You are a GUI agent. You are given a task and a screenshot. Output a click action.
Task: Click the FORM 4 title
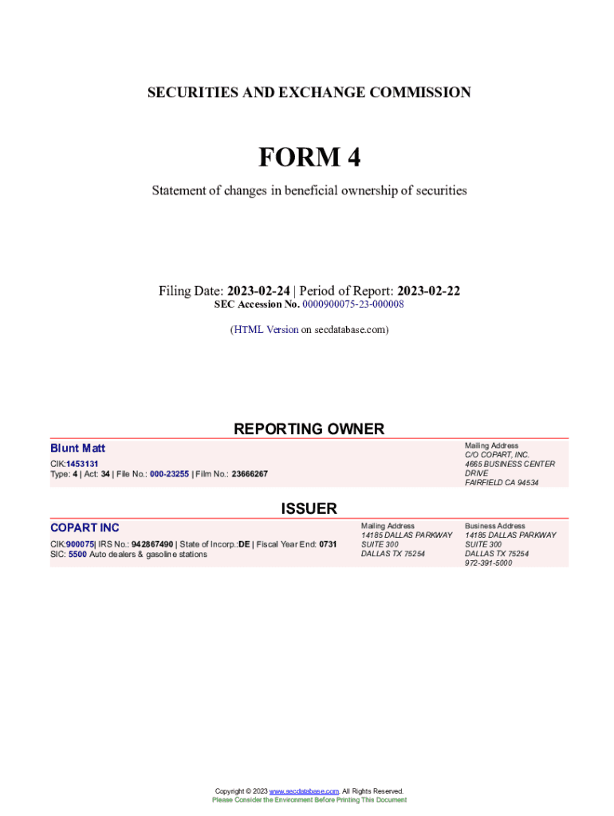coord(309,158)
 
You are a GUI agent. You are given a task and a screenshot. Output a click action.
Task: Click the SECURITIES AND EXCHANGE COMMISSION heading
coord(309,93)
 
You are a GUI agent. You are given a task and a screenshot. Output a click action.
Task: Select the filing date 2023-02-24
coord(258,291)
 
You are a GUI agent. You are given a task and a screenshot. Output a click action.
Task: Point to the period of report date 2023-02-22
coord(429,291)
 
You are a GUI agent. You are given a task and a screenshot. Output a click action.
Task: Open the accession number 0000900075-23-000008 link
coord(353,304)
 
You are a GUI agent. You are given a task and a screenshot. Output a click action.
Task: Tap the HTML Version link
coord(266,329)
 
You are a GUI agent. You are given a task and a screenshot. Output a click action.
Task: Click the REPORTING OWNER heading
coord(309,429)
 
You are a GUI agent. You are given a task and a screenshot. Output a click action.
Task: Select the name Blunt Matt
coord(77,449)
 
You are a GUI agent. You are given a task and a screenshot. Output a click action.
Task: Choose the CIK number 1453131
coord(82,464)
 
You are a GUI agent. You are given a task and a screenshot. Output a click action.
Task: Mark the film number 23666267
coord(249,474)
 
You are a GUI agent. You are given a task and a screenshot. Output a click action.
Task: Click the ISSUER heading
coord(309,508)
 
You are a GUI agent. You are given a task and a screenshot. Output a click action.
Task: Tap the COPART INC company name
coord(85,528)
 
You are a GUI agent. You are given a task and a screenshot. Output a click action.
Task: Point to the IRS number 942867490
coord(152,544)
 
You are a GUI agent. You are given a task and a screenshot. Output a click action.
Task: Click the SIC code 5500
coord(77,555)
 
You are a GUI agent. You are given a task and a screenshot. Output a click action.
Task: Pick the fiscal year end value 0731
coord(328,544)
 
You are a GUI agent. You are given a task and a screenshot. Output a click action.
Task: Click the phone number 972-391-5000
coord(489,563)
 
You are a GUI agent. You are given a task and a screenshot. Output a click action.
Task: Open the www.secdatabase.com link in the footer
coord(305,791)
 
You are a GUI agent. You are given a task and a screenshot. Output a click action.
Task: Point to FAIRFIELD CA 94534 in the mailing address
coord(502,483)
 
